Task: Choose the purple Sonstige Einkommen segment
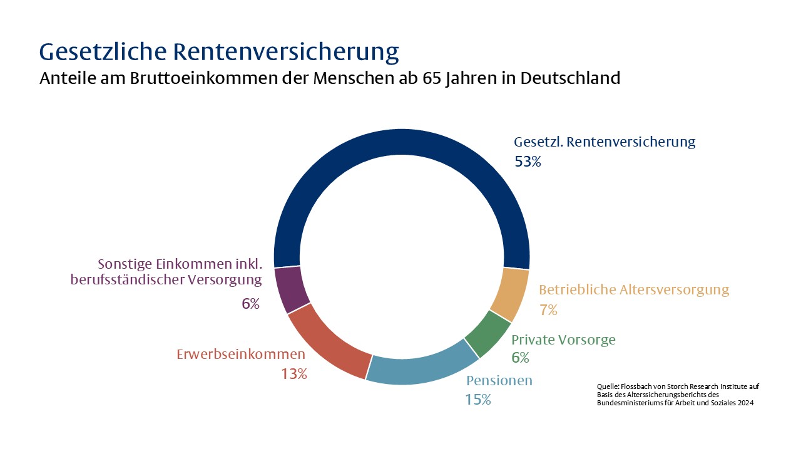coord(290,289)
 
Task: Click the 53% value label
coord(528,162)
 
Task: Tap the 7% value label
coord(548,310)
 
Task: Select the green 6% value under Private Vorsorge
coord(520,358)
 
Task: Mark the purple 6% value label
coord(250,304)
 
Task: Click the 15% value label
coord(477,399)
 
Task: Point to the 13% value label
coord(293,374)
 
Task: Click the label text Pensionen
coord(499,380)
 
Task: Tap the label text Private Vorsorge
coord(563,340)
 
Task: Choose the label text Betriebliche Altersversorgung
coord(634,290)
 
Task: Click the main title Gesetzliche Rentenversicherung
coord(218,51)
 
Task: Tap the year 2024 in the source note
coord(744,403)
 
